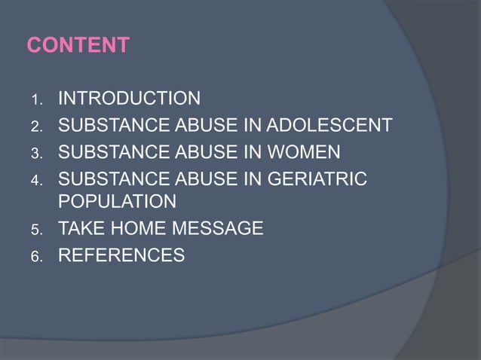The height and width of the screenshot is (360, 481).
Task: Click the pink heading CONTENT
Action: pyautogui.click(x=78, y=46)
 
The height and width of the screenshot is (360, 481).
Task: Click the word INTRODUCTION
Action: pyautogui.click(x=129, y=99)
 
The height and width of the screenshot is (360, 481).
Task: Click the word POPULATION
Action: pyautogui.click(x=118, y=202)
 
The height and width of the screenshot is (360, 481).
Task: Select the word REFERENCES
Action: pyautogui.click(x=121, y=255)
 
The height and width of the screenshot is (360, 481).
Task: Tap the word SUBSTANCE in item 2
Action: pyautogui.click(x=109, y=125)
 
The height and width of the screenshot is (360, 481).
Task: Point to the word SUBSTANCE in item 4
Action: pyautogui.click(x=109, y=180)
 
